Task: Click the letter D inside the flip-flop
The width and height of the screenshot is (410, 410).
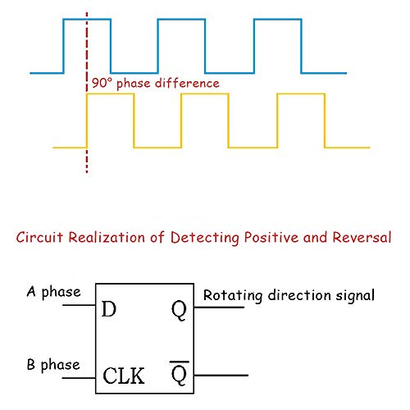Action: tap(109, 309)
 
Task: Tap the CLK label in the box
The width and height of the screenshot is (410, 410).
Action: tap(124, 376)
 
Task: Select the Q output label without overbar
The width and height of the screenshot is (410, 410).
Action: tap(179, 311)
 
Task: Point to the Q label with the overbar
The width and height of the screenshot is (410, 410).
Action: tap(179, 373)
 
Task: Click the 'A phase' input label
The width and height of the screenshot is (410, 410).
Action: tap(54, 293)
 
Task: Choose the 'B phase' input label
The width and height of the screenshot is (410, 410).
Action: tap(53, 365)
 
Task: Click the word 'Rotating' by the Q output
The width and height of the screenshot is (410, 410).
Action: tap(233, 296)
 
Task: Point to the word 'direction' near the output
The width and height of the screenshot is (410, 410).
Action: tap(299, 295)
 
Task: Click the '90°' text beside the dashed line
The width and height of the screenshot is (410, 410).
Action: tap(102, 83)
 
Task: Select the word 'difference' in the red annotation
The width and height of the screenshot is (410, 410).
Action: tap(187, 83)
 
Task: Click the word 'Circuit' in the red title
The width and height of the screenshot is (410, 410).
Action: tap(39, 237)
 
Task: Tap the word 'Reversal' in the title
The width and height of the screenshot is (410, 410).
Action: tap(362, 237)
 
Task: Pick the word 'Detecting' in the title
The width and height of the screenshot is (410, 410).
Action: tap(205, 238)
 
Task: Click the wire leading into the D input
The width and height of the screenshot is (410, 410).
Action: tap(79, 305)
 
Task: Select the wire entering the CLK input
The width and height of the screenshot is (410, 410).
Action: tap(79, 378)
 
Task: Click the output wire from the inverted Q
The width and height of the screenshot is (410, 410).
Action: tap(221, 376)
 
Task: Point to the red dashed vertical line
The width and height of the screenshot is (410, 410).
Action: tap(87, 93)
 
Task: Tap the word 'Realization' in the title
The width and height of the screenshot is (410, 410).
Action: tap(107, 237)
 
